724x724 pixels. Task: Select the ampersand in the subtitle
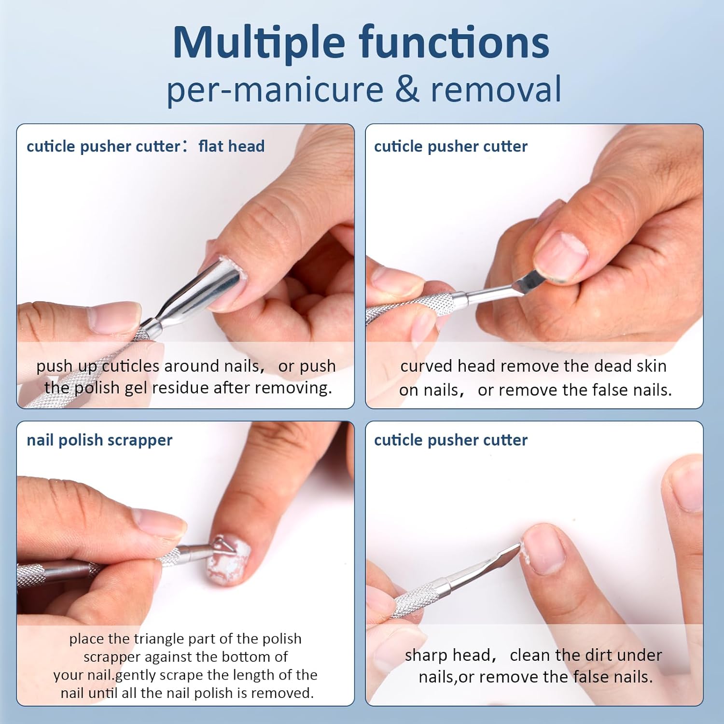[x=406, y=89]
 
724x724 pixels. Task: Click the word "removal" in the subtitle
[x=496, y=89]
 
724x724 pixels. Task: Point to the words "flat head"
[x=231, y=146]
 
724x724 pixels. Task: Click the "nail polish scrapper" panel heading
[x=99, y=440]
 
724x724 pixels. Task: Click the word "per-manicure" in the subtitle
[x=275, y=90]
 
